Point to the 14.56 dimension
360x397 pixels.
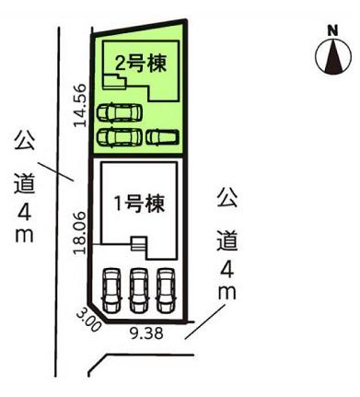[80, 103]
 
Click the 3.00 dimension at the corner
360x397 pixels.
[87, 318]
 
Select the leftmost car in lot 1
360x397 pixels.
[112, 289]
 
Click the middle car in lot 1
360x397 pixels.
[139, 289]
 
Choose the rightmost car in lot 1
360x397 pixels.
[165, 289]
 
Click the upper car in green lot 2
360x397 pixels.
[119, 113]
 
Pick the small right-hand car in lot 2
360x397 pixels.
[162, 136]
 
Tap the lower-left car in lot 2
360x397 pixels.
[119, 137]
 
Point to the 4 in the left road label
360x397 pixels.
[24, 211]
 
